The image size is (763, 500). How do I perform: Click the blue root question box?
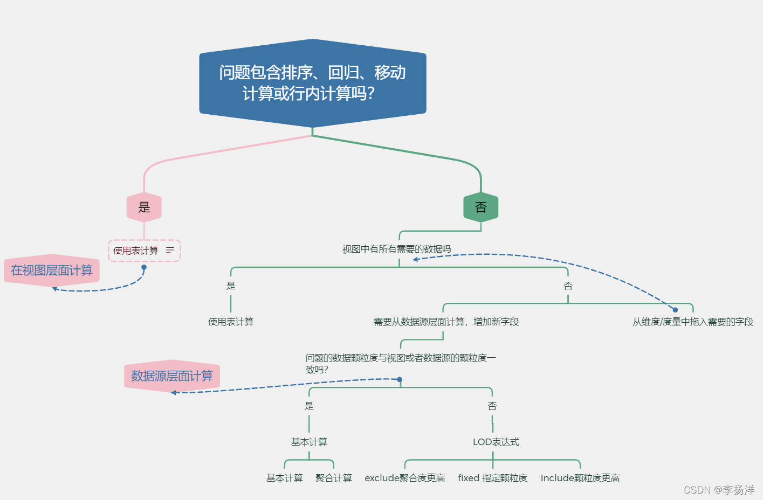tap(313, 83)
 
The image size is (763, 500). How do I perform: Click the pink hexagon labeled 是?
tap(144, 207)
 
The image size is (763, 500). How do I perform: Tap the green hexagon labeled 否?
tap(480, 207)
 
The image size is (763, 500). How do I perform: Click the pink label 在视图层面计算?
tap(52, 270)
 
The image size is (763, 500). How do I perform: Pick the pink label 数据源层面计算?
tap(172, 376)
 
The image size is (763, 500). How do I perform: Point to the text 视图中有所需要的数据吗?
tap(396, 249)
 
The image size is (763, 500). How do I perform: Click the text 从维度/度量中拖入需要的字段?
tap(693, 322)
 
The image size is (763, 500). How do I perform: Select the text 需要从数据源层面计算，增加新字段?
tap(446, 322)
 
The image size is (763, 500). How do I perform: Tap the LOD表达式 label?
tap(496, 442)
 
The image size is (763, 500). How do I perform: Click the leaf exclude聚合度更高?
tap(404, 478)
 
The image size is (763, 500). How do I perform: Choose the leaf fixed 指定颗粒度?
tap(492, 478)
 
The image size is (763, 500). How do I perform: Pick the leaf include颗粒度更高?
tap(580, 478)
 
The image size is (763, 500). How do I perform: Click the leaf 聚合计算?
tap(333, 478)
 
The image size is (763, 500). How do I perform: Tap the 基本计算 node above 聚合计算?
tap(309, 442)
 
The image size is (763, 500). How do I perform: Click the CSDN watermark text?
tap(719, 490)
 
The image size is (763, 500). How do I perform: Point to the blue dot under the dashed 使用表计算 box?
tap(144, 267)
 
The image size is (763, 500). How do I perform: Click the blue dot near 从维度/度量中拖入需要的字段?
tap(675, 310)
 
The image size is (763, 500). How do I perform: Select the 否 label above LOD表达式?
tap(492, 406)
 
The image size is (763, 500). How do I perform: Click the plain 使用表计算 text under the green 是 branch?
tap(231, 322)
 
